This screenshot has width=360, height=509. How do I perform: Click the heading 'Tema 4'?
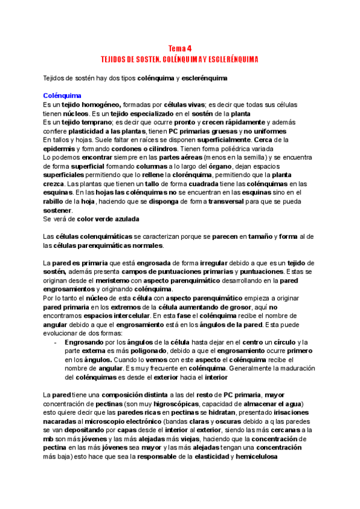pyautogui.click(x=179, y=49)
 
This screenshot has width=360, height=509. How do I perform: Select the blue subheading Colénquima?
pyautogui.click(x=62, y=95)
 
